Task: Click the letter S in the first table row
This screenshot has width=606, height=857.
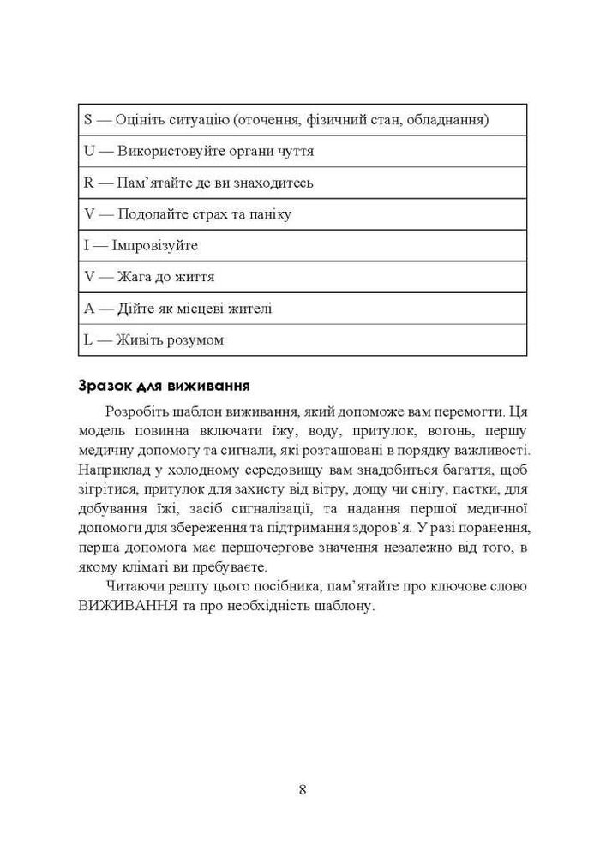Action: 87,119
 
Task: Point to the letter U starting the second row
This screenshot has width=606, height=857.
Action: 88,151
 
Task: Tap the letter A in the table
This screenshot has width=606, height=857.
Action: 88,308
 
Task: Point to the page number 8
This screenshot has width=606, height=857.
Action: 303,789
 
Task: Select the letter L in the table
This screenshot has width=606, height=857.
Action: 87,339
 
